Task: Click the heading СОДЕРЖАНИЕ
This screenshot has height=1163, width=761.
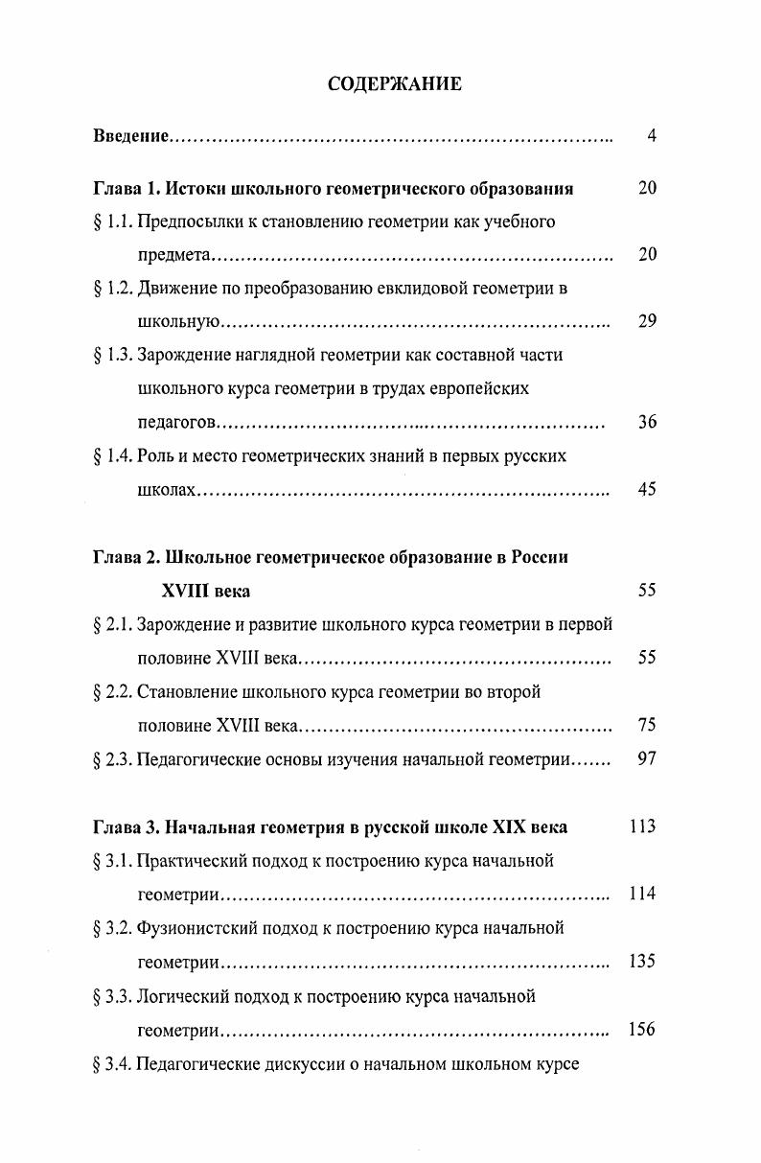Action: (394, 84)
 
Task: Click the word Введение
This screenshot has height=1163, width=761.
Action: (131, 136)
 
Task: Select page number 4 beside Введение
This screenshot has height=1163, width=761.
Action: (652, 136)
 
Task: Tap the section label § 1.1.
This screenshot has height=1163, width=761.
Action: (113, 222)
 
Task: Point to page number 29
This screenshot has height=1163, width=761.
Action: (648, 321)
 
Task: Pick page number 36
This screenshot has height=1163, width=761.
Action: (648, 422)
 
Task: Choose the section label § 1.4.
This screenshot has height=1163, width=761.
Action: (113, 456)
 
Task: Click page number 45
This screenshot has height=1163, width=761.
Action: (648, 490)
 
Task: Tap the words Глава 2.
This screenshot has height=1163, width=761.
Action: (126, 558)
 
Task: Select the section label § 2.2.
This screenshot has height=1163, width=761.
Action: (113, 692)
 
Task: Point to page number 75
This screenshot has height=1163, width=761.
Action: (648, 726)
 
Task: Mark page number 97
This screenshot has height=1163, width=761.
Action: (648, 759)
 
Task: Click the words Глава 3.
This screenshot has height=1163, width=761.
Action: (126, 827)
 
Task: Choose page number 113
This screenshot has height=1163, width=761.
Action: (642, 826)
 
